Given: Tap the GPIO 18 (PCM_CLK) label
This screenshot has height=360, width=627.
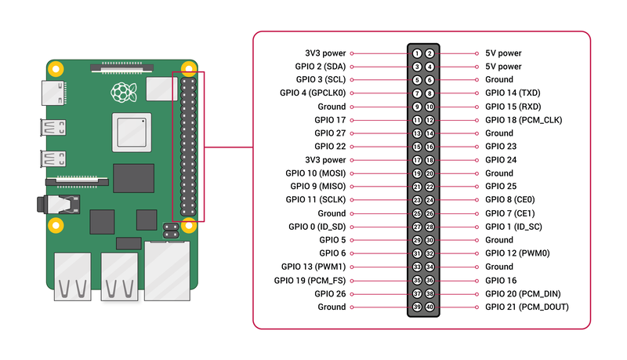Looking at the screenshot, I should point(524,120).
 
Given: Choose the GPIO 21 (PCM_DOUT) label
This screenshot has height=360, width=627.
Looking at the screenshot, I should point(527,307).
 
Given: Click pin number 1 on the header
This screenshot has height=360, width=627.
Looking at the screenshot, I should point(418,53).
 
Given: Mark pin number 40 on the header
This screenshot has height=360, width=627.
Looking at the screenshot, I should point(429,307).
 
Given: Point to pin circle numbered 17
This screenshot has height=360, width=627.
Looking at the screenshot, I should point(418,160).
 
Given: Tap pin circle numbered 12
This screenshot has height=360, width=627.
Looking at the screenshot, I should point(429,120).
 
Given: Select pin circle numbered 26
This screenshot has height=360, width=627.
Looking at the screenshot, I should point(429,213).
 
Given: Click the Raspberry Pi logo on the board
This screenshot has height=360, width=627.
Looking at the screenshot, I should point(121,92).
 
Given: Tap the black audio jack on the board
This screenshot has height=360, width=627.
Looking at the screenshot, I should point(62,205).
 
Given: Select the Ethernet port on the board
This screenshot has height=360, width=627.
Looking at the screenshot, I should point(166,271).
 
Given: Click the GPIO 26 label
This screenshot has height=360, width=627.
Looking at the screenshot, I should point(330,293).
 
